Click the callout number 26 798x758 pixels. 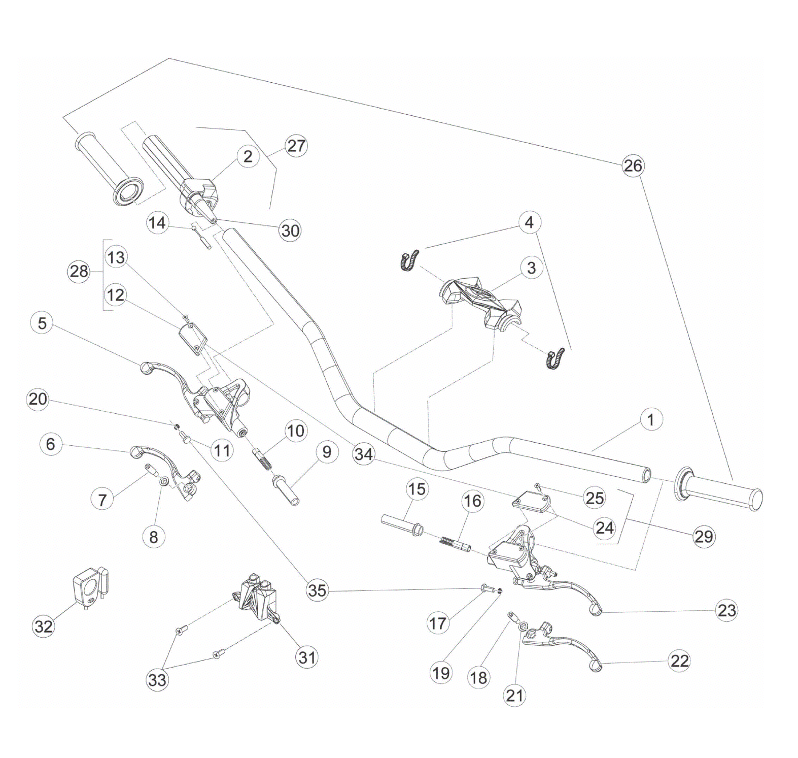tap(633, 166)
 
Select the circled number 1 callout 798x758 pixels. tap(651, 420)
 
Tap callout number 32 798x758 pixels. tap(43, 626)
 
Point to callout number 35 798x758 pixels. tap(317, 590)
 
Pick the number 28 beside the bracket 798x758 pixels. tap(79, 272)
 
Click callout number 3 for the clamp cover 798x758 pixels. tap(531, 268)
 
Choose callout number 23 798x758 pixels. tap(726, 610)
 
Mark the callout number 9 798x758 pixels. tap(327, 451)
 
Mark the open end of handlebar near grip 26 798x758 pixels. tap(646, 475)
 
